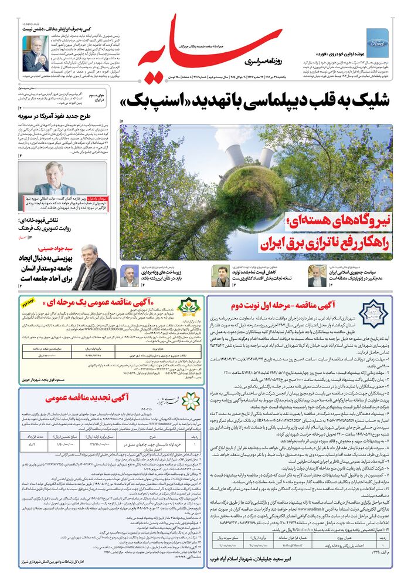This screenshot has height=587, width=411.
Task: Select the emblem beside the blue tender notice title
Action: pyautogui.click(x=373, y=313)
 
